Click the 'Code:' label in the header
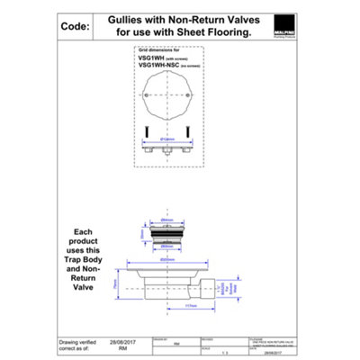pyautogui.click(x=71, y=27)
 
